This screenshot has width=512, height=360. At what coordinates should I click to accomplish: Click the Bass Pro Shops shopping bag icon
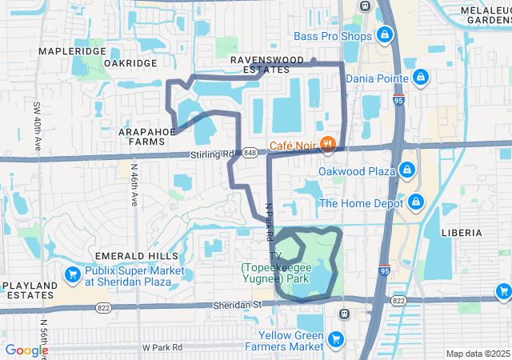coord(384,35)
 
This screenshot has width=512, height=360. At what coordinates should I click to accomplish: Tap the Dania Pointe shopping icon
coord(421,78)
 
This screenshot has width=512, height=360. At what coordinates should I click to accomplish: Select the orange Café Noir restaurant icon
coord(326,145)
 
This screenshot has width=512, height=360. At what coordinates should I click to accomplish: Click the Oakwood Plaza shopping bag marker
coord(408,171)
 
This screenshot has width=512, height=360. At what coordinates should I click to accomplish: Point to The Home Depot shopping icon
coord(415,202)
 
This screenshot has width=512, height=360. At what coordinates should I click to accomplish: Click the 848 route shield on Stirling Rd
coord(250,153)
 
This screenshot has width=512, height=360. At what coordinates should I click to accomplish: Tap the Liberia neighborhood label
coord(461,233)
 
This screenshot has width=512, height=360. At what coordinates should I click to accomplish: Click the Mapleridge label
coord(72,51)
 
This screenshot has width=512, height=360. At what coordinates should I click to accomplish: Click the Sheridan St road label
coord(238,305)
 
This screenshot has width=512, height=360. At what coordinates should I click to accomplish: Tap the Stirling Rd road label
coord(210,154)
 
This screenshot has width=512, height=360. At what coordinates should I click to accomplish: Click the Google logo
coord(26,350)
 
